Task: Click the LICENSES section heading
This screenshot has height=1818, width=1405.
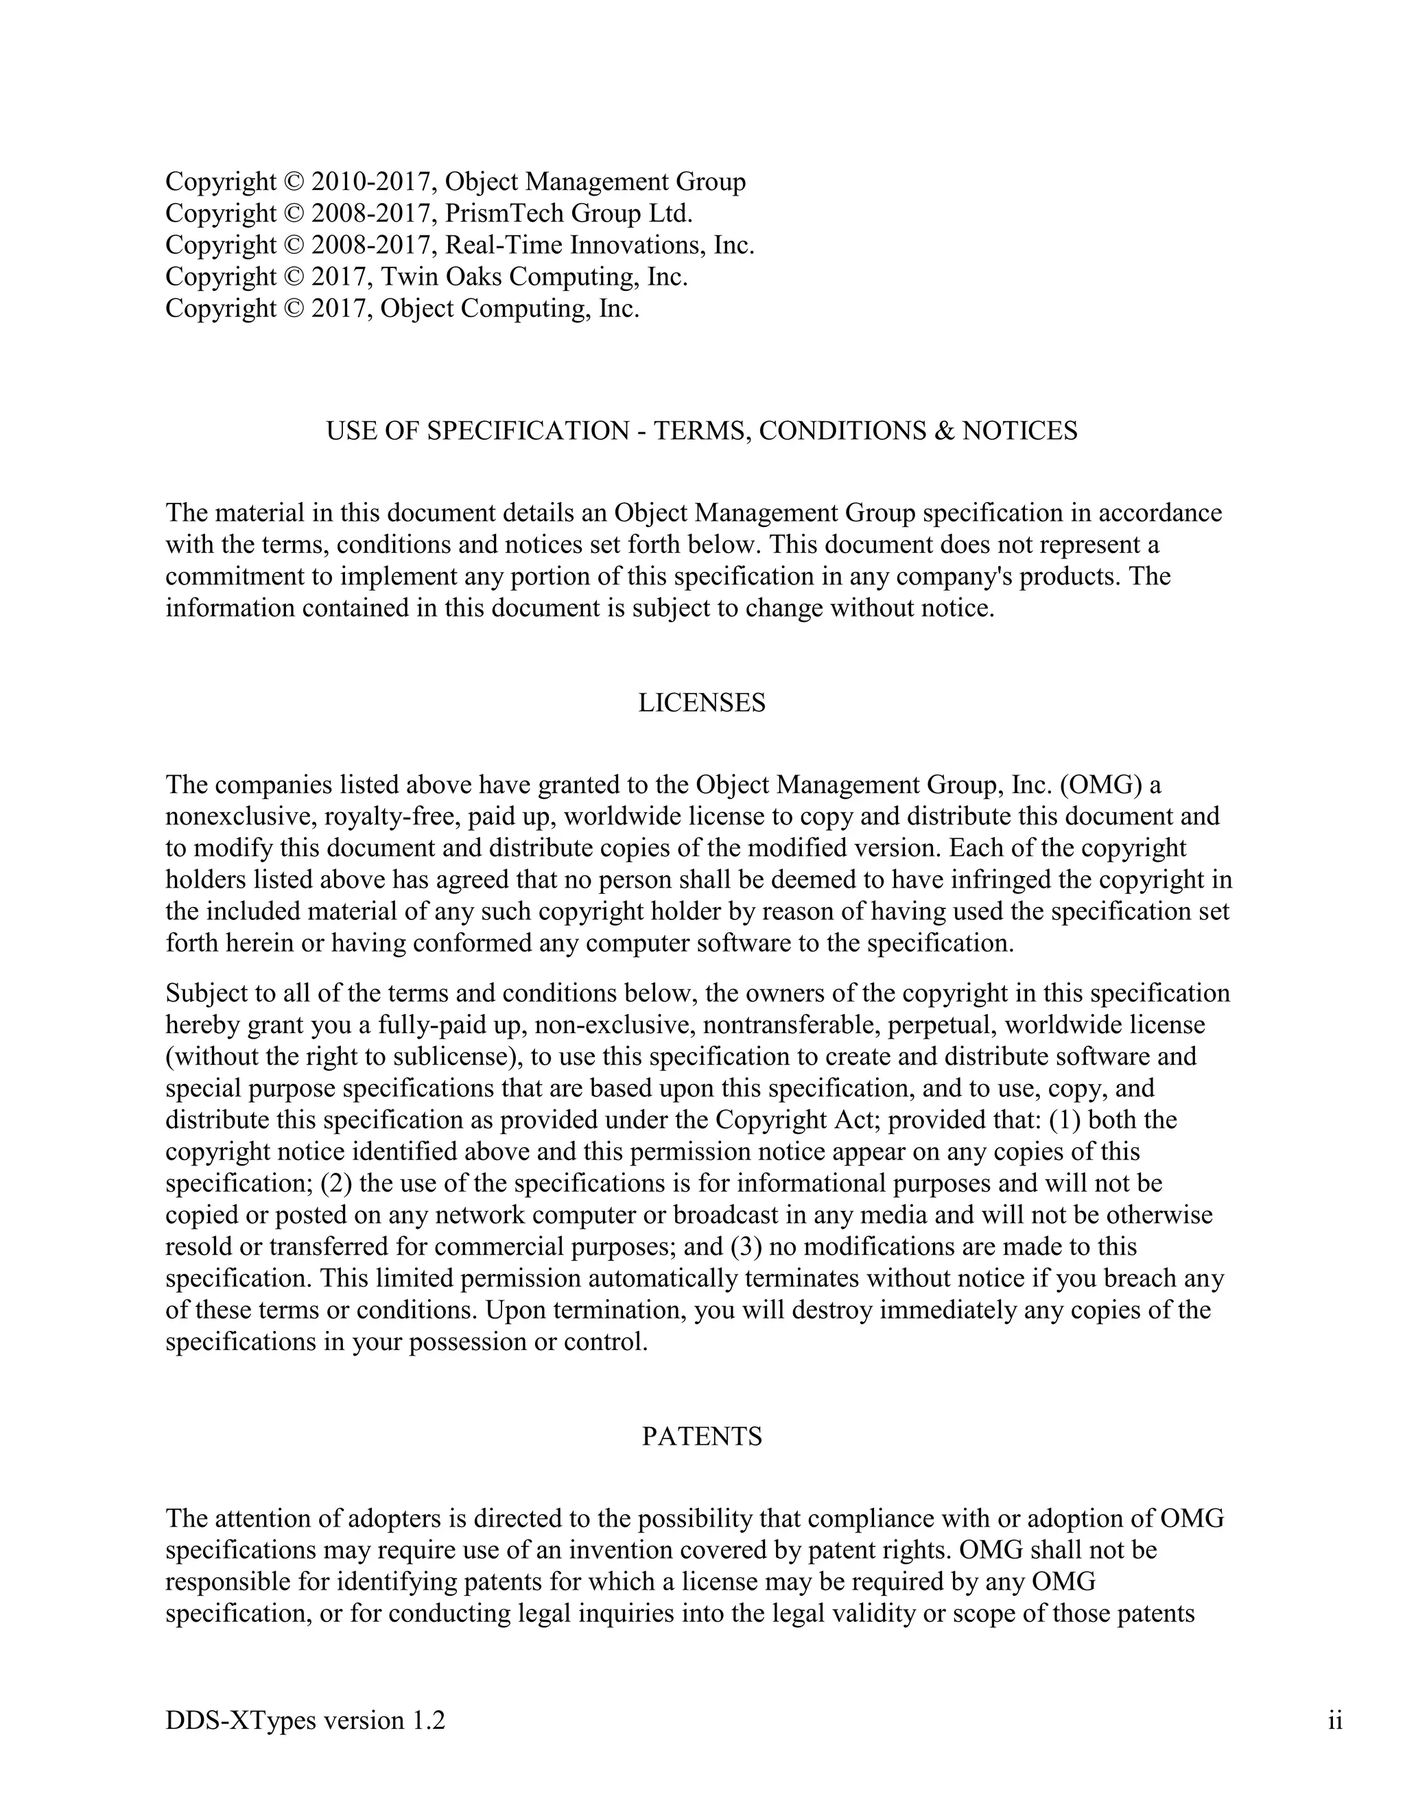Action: pyautogui.click(x=702, y=703)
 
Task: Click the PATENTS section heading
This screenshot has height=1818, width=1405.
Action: pyautogui.click(x=702, y=1437)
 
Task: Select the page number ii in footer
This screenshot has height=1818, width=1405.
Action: pyautogui.click(x=1335, y=1721)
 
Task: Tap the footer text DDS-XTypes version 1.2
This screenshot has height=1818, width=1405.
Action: pyautogui.click(x=305, y=1721)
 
